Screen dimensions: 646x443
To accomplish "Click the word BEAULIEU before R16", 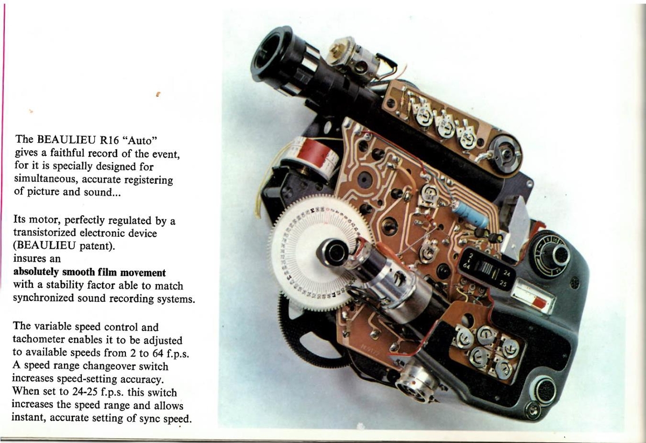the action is point(66,139).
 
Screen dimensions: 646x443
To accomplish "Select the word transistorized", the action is point(43,233).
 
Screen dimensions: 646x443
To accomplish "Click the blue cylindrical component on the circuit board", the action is point(471,214).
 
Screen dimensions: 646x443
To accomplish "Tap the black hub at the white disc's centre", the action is point(333,252).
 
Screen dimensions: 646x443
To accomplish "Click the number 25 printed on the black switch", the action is point(503,284).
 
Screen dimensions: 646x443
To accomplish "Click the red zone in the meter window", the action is point(539,302).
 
